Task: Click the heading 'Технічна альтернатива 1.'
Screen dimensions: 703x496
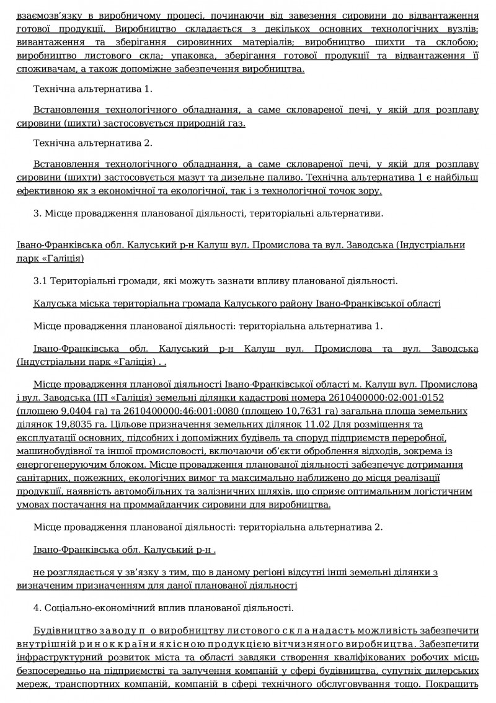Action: point(92,89)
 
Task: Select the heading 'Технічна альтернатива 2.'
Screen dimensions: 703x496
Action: point(92,143)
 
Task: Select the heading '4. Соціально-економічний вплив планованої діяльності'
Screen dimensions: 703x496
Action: point(164,607)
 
